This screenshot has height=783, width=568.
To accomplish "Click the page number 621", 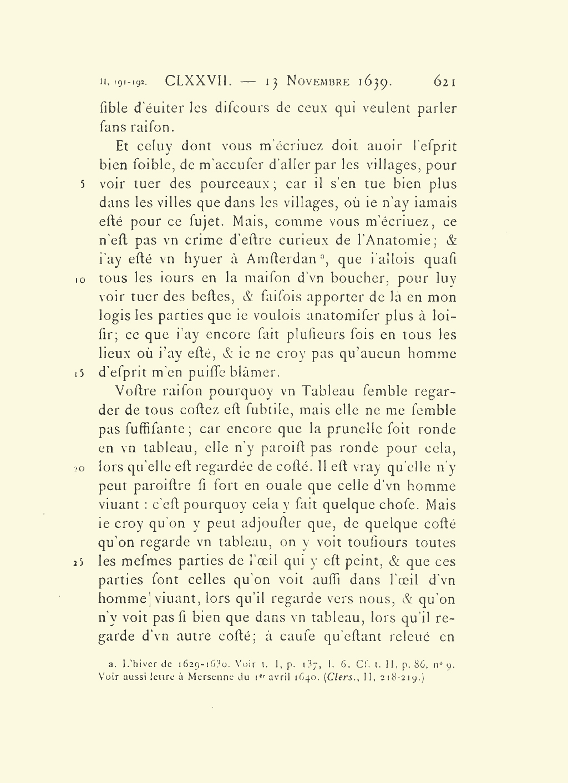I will click(x=445, y=82).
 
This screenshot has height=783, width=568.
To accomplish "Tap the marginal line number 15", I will click(x=79, y=374).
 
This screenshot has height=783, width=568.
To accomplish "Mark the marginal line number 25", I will click(x=79, y=562).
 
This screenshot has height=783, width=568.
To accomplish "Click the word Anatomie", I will click(x=395, y=241).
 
